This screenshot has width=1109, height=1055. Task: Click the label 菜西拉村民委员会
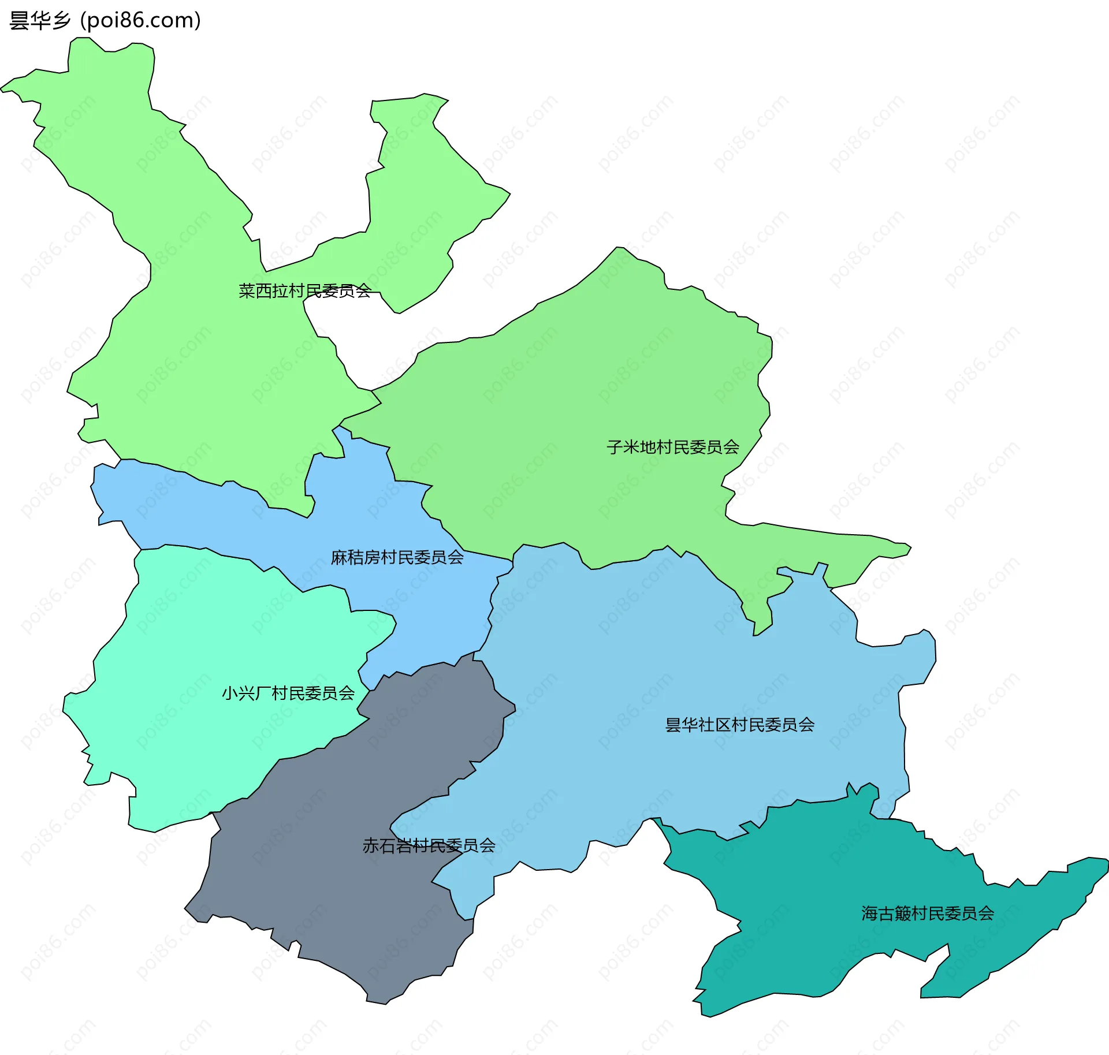pyautogui.click(x=304, y=291)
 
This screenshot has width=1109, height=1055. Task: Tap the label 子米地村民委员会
pyautogui.click(x=673, y=447)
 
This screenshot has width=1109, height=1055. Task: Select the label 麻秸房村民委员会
pyautogui.click(x=397, y=557)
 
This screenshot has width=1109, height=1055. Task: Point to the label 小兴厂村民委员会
pyautogui.click(x=288, y=693)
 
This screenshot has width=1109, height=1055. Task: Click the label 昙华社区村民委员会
pyautogui.click(x=740, y=725)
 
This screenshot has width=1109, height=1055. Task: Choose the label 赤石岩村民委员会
pyautogui.click(x=429, y=845)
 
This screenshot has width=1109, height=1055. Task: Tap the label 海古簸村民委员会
pyautogui.click(x=928, y=913)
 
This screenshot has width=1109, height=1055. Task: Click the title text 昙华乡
pyautogui.click(x=40, y=21)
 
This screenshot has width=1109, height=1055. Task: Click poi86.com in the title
pyautogui.click(x=140, y=21)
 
